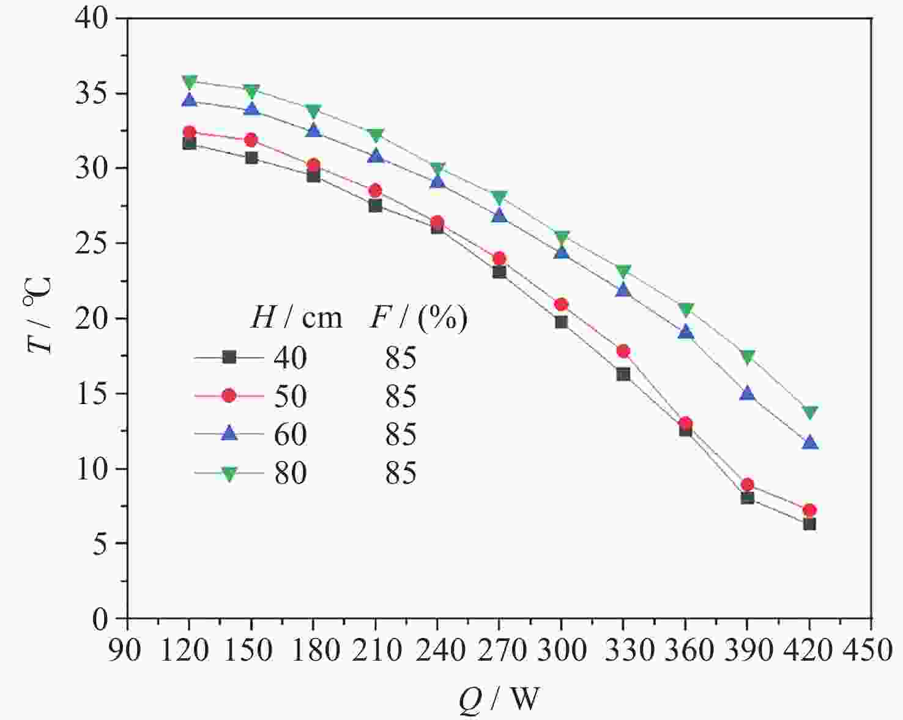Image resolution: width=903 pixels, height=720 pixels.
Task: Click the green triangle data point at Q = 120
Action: pyautogui.click(x=190, y=81)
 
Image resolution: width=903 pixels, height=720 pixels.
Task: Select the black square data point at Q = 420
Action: pyautogui.click(x=809, y=524)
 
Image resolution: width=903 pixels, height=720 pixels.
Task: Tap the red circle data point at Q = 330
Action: pyautogui.click(x=623, y=351)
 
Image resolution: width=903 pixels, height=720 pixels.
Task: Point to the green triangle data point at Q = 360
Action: pyautogui.click(x=685, y=309)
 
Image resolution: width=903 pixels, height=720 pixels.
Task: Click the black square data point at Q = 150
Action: pyautogui.click(x=251, y=157)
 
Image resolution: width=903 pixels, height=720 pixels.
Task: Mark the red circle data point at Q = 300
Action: pyautogui.click(x=561, y=304)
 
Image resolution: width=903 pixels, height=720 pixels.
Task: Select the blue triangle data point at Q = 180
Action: pyautogui.click(x=313, y=130)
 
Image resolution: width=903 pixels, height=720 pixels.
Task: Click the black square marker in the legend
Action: pyautogui.click(x=229, y=357)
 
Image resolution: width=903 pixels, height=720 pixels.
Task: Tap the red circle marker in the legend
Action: pyautogui.click(x=229, y=396)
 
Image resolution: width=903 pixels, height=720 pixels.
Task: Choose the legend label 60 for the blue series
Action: pyautogui.click(x=289, y=434)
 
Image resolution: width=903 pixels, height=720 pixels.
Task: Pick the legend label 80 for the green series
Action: pyautogui.click(x=289, y=473)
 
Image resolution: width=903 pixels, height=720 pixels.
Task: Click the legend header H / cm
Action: pyautogui.click(x=296, y=318)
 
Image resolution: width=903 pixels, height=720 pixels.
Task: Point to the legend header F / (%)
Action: pyautogui.click(x=418, y=318)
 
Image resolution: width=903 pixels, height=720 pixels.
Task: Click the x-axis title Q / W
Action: pyautogui.click(x=499, y=698)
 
